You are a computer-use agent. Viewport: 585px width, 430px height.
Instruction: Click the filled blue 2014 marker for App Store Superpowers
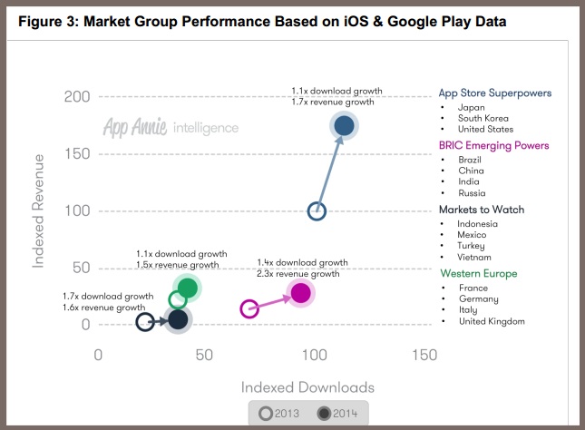click(344, 126)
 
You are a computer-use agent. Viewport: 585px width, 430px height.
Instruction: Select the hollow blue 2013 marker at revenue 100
click(317, 211)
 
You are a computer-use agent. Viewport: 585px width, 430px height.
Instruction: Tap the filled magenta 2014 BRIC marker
click(300, 293)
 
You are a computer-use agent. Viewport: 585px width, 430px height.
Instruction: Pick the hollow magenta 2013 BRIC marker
click(249, 309)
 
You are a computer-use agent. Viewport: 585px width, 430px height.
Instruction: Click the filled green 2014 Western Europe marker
click(187, 288)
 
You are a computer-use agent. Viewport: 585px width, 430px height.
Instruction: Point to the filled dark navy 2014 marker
click(178, 319)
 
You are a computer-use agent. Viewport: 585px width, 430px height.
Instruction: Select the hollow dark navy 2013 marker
click(145, 320)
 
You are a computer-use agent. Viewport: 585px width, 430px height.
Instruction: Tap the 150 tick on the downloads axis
click(424, 355)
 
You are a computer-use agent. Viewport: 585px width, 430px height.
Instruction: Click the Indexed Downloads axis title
click(307, 386)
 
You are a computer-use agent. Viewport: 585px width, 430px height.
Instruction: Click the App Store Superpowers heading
click(494, 93)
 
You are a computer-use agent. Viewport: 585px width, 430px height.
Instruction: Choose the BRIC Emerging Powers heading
click(493, 145)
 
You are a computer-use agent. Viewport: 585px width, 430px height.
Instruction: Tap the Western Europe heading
click(479, 274)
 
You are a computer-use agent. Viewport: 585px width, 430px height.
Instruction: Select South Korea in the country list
click(483, 118)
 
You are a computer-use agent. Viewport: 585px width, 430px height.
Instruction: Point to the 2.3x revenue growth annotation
click(298, 274)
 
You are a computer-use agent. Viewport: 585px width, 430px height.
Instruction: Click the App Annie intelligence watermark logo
click(171, 128)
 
